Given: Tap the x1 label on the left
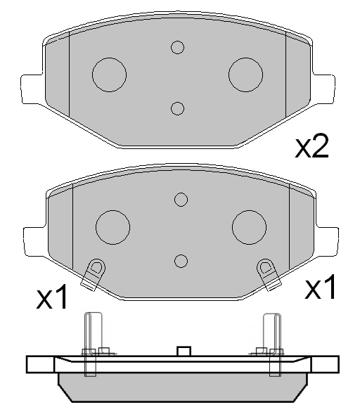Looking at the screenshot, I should point(53,300).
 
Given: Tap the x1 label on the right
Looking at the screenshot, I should point(321,288).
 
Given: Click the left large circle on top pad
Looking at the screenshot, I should point(109,73).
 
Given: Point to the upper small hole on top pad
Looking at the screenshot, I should point(177,47).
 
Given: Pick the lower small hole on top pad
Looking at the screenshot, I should point(177,108).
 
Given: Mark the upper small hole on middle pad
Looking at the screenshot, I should point(181,200).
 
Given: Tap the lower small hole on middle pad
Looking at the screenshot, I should point(181,262).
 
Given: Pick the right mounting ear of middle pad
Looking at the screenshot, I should point(326,240).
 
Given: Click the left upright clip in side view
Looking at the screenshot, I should point(89,341).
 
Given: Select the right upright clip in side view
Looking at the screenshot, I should point(273,341).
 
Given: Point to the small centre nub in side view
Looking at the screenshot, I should point(184,352).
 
